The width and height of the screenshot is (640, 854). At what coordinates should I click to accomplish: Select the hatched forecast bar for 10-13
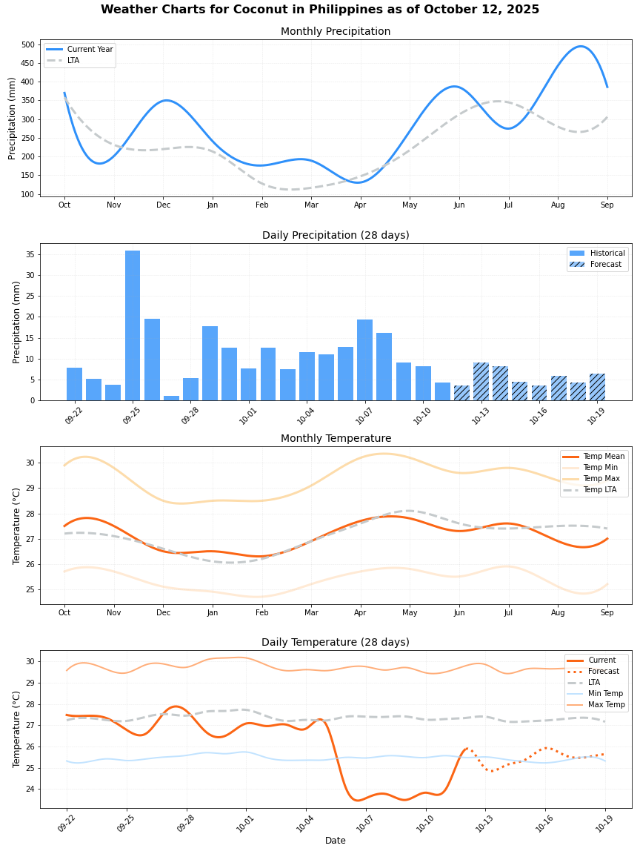pyautogui.click(x=481, y=381)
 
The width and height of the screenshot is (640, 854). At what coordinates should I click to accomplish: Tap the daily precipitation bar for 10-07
pyautogui.click(x=364, y=360)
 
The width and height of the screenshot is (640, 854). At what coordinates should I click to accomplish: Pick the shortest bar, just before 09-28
pyautogui.click(x=171, y=397)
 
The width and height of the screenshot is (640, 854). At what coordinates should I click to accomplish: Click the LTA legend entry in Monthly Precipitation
pyautogui.click(x=73, y=61)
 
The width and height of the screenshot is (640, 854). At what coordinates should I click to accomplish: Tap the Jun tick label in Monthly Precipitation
pyautogui.click(x=459, y=205)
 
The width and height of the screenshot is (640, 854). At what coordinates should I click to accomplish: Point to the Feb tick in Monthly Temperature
pyautogui.click(x=262, y=613)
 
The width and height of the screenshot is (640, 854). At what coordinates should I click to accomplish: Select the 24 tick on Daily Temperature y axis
pyautogui.click(x=30, y=789)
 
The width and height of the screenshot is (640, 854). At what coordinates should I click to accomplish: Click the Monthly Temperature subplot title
pyautogui.click(x=336, y=439)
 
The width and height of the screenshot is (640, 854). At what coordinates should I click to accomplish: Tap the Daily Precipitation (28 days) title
pyautogui.click(x=336, y=236)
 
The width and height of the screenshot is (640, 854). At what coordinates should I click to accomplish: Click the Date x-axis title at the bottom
pyautogui.click(x=336, y=841)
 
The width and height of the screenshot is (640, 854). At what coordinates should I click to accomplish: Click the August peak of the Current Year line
pyautogui.click(x=581, y=47)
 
